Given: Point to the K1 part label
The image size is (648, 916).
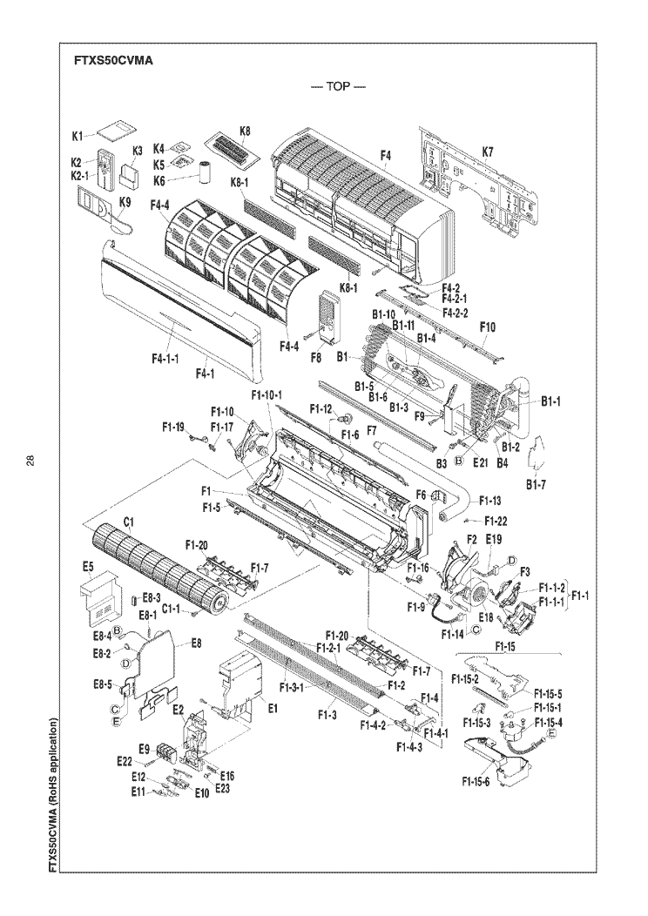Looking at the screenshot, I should click(x=77, y=136).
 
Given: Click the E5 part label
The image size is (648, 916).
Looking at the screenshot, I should click(x=87, y=566).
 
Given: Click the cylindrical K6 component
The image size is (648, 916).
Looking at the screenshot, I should click(x=206, y=171).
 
